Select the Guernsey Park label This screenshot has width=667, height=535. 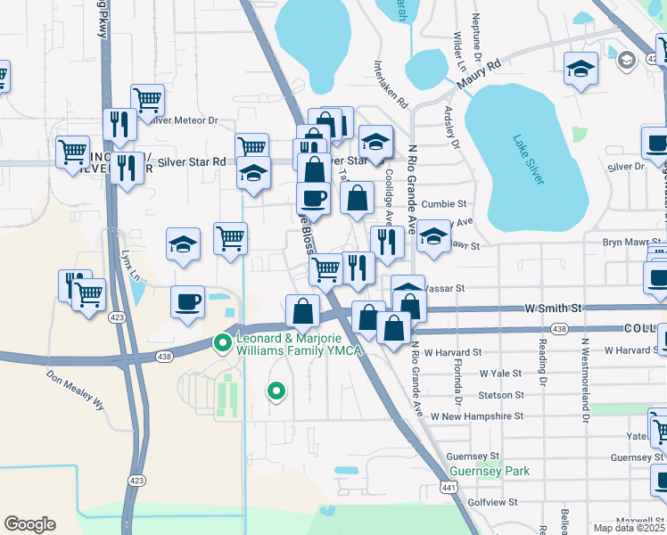click(490, 471)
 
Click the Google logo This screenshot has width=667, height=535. click(29, 524)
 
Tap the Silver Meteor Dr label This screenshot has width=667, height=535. click(185, 120)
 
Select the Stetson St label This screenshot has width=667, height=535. click(500, 395)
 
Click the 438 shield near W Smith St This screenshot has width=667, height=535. click(559, 329)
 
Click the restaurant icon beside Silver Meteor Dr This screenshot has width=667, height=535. click(119, 124)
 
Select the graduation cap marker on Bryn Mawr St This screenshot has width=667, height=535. click(433, 236)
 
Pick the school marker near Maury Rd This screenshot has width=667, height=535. click(581, 69)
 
